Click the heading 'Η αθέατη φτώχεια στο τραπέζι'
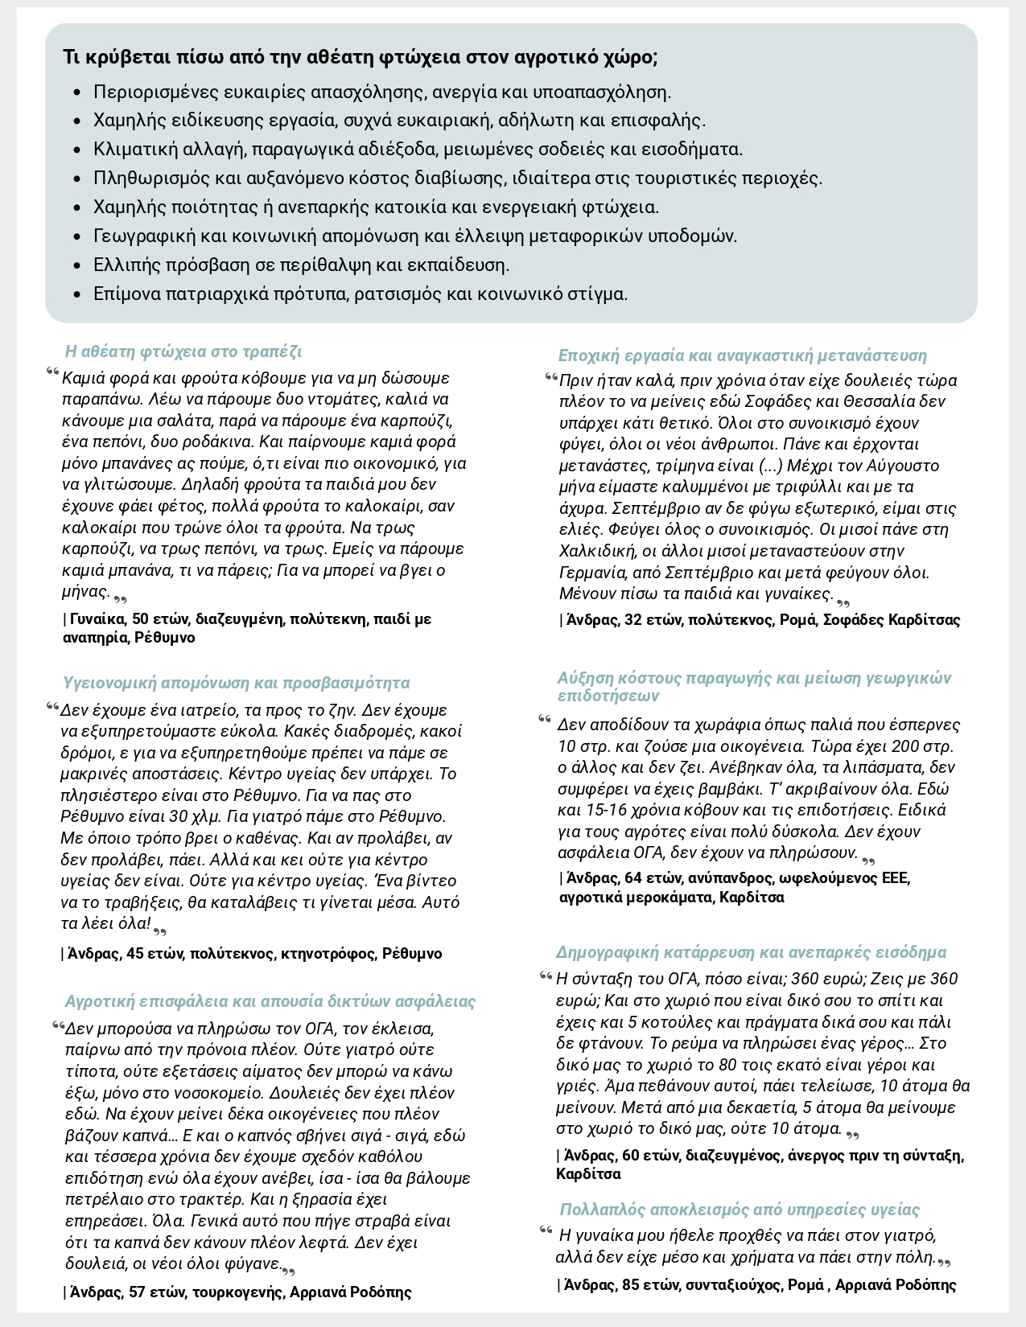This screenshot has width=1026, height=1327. [x=183, y=351]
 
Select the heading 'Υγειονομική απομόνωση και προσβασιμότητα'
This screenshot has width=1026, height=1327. [x=236, y=683]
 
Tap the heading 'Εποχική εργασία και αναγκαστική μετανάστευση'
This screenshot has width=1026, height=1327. [x=742, y=355]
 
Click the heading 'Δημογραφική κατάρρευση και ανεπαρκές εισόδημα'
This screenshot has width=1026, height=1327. [x=751, y=952]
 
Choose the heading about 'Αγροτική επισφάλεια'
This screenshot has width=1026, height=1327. [x=270, y=1001]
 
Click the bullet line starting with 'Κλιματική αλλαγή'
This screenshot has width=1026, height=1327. [x=418, y=150]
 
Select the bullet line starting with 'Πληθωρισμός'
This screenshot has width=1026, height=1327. [x=458, y=179]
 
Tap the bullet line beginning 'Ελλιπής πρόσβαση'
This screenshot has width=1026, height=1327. [x=301, y=265]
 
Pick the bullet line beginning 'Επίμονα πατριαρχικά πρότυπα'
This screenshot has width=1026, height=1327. [x=361, y=294]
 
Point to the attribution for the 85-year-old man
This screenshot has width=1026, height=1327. [x=760, y=1284]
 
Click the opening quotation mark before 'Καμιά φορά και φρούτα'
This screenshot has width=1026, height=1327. [x=53, y=372]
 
